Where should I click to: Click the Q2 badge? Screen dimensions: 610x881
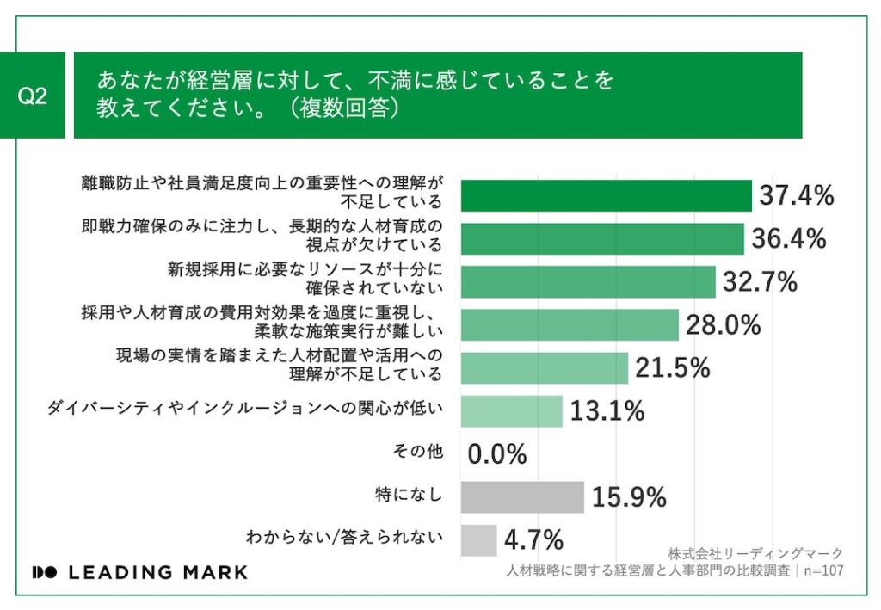click(32, 96)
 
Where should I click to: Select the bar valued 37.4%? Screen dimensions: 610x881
click(606, 195)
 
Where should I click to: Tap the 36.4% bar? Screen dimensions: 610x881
click(602, 238)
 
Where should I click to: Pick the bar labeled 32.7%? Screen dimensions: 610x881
click(588, 281)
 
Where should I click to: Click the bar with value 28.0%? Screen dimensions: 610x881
click(570, 324)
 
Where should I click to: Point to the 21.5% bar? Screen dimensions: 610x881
click(545, 367)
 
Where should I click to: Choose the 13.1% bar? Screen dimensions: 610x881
click(511, 411)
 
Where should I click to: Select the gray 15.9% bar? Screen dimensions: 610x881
click(522, 496)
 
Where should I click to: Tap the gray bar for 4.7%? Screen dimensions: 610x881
click(478, 539)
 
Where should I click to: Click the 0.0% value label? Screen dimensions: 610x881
click(497, 454)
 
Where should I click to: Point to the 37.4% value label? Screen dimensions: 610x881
click(797, 196)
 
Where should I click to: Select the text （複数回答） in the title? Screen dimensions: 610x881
click(344, 110)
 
